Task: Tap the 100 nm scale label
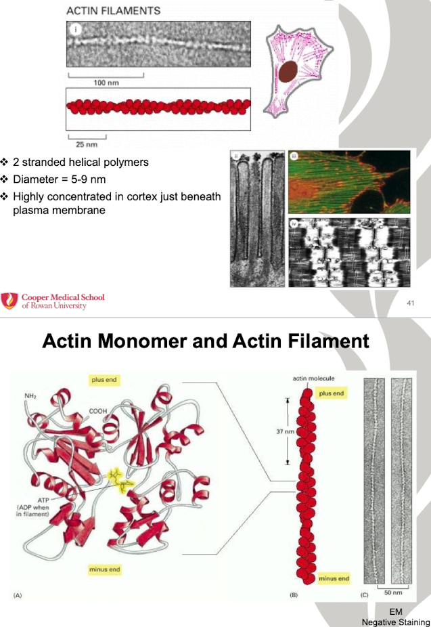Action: click(x=106, y=83)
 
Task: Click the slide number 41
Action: click(x=410, y=303)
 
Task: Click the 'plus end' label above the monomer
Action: click(x=104, y=380)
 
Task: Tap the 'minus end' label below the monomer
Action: click(x=104, y=569)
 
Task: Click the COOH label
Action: click(x=99, y=410)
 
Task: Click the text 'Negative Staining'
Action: click(x=396, y=622)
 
